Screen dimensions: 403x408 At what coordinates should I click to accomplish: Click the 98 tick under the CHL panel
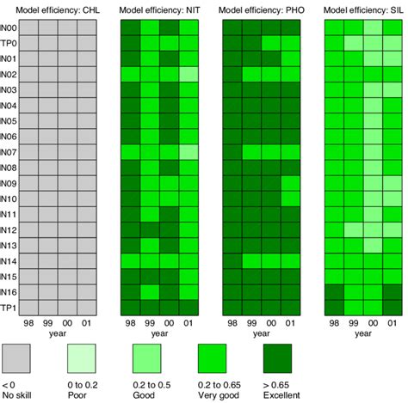tap(29, 324)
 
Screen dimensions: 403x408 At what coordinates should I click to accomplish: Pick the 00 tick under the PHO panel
tap(272, 324)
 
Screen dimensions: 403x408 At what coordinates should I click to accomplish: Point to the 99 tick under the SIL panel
tap(353, 324)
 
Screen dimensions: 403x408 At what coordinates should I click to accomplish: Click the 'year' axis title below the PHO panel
tap(261, 336)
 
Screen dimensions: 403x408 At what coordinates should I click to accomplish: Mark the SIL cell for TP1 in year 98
tap(333, 307)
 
